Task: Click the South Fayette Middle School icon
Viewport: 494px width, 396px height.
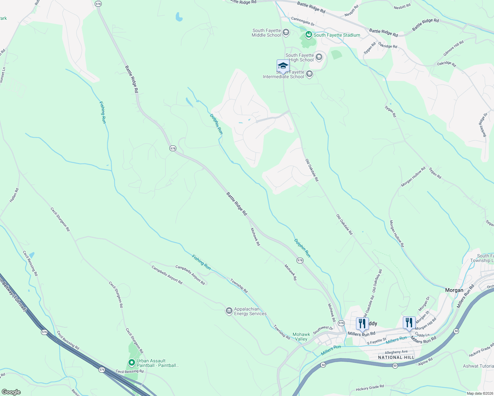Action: (286, 32)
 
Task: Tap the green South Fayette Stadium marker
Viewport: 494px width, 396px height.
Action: (308, 35)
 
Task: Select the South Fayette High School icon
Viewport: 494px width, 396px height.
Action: (319, 57)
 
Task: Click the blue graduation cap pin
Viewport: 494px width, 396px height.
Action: (283, 66)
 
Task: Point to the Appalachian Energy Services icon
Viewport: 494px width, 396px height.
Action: (229, 311)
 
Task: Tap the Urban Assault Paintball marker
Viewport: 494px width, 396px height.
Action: (132, 363)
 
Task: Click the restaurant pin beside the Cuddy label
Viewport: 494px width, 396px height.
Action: (362, 323)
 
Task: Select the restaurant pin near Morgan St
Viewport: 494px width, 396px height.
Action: (409, 322)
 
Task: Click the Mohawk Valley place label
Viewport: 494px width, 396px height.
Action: (301, 337)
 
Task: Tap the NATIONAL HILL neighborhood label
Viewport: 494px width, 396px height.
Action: (396, 357)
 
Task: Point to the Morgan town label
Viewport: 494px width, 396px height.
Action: (454, 290)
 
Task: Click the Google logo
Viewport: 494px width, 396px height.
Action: (11, 392)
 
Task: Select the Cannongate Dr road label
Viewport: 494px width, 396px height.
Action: (302, 21)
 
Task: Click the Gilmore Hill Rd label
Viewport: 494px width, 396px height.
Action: (453, 49)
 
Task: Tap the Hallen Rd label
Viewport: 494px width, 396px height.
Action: (14, 195)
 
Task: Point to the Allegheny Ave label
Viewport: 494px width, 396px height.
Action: (396, 352)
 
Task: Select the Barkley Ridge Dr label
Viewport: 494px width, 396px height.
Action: (483, 125)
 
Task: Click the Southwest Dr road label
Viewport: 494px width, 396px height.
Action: (323, 330)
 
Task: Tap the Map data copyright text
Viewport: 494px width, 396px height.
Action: (480, 393)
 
